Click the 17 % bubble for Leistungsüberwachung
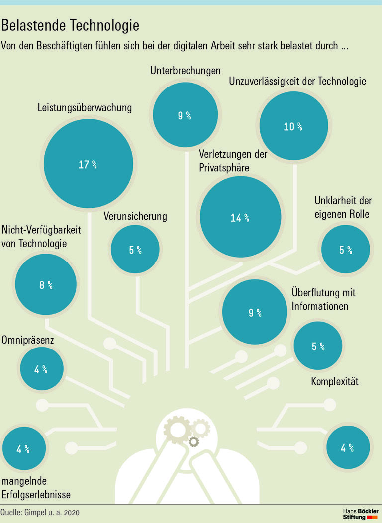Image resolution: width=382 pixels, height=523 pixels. (x=88, y=164)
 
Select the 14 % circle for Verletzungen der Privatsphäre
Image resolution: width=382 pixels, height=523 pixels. (x=240, y=217)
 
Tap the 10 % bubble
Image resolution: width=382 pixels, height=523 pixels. (x=293, y=126)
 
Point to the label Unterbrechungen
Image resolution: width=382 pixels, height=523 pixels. (x=185, y=71)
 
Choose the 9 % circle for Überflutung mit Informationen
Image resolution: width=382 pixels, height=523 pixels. (x=255, y=313)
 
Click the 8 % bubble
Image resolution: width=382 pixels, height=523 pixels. (x=46, y=285)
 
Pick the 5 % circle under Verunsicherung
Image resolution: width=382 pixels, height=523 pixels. (x=135, y=250)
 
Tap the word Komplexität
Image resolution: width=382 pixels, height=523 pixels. (x=334, y=382)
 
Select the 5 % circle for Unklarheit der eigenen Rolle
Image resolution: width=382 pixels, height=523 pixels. (x=345, y=250)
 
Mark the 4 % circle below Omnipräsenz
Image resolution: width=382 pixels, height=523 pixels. (x=41, y=369)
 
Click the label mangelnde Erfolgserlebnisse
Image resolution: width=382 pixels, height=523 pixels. (x=36, y=488)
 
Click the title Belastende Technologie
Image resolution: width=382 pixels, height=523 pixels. (x=70, y=25)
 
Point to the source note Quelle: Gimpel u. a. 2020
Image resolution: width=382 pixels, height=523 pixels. (x=40, y=513)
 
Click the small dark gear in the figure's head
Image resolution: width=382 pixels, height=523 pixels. (x=193, y=441)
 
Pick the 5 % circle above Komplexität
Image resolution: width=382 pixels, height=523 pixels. (x=318, y=346)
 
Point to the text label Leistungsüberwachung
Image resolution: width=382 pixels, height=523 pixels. (x=85, y=107)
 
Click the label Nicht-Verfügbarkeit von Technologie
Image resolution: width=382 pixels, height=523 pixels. (x=41, y=237)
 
